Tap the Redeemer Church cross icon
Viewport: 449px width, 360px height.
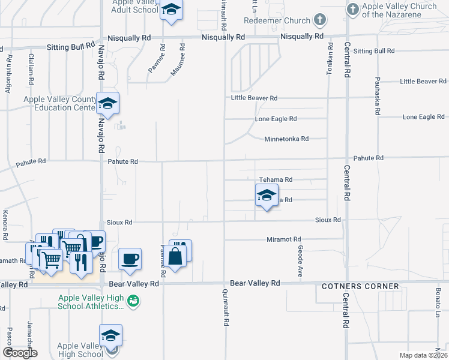click(320, 20)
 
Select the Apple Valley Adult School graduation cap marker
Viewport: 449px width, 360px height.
click(171, 10)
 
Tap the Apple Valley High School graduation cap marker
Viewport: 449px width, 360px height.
click(110, 336)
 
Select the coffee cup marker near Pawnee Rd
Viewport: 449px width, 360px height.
click(130, 259)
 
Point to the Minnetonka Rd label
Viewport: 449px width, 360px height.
click(286, 139)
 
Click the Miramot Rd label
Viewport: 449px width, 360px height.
click(288, 240)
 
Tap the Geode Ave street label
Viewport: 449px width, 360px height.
click(300, 260)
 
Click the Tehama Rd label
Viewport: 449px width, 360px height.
click(276, 179)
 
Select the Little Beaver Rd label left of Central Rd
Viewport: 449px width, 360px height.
click(255, 98)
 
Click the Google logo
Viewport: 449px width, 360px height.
click(20, 352)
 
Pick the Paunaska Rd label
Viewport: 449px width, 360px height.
click(378, 95)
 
